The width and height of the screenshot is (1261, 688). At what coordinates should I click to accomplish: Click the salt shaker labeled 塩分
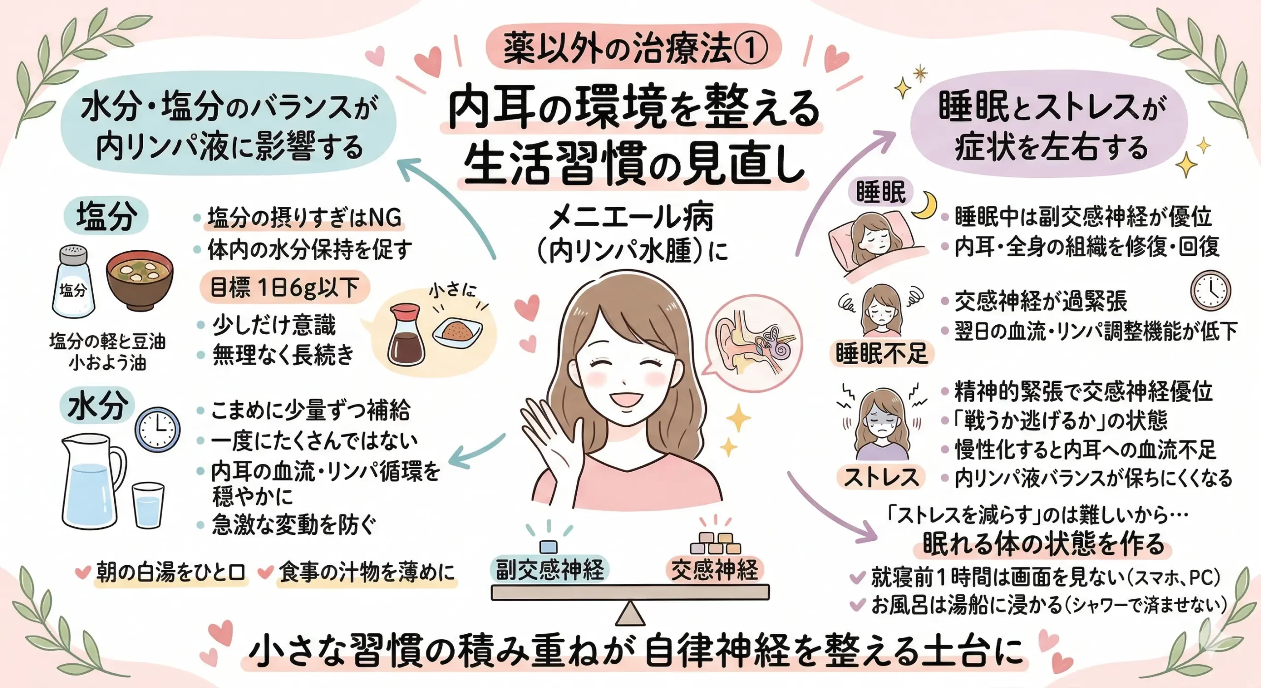tap(73, 282)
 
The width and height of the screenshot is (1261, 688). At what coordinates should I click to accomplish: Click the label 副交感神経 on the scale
tap(550, 570)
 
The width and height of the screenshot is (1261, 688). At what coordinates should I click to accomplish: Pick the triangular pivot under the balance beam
tap(630, 613)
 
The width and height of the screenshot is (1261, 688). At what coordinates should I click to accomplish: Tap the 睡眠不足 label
tap(882, 354)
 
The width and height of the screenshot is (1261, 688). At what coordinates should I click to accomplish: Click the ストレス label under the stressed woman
tap(882, 477)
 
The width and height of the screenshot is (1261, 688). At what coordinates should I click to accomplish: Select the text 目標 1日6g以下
tap(285, 287)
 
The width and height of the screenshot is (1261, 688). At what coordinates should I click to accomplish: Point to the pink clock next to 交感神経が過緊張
tap(1210, 291)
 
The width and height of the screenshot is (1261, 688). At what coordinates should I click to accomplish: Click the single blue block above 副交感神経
tap(548, 547)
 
